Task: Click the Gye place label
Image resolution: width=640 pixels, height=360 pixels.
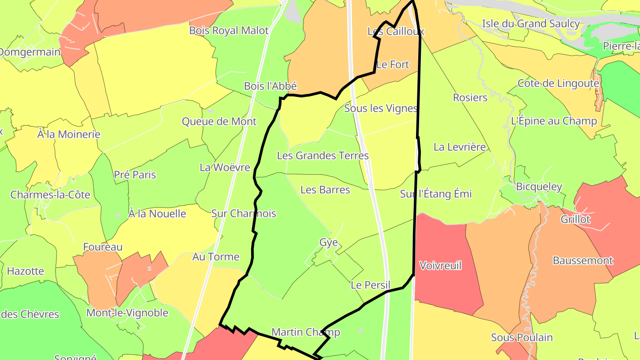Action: (328, 243)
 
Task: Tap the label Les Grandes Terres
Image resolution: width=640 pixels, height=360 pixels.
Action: (323, 156)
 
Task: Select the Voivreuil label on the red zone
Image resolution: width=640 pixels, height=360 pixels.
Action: (440, 266)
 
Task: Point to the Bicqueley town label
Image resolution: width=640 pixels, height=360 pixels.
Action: (539, 187)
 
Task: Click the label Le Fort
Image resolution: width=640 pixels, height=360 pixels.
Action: (392, 64)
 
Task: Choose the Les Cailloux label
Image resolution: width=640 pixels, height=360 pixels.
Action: (396, 32)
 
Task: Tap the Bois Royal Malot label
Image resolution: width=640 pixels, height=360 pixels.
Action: (229, 31)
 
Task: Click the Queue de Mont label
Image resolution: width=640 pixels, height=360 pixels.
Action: (219, 121)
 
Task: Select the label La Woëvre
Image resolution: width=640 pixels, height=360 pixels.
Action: (225, 168)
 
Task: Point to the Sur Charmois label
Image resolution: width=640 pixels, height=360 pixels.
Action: (244, 213)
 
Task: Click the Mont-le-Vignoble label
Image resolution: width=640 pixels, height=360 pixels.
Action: (127, 312)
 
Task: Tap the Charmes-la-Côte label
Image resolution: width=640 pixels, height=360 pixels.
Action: (50, 195)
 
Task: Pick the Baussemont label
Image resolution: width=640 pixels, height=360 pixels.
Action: (583, 260)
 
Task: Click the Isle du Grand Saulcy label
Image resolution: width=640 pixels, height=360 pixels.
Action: (531, 24)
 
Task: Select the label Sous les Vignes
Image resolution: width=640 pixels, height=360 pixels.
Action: (381, 108)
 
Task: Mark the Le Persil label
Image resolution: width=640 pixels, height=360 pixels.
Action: (370, 285)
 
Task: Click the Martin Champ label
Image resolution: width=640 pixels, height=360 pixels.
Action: (306, 332)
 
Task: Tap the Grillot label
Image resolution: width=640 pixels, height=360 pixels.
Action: (575, 219)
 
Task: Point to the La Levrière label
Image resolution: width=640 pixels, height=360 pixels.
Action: (460, 147)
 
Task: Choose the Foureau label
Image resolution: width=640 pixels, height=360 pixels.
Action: (103, 247)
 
